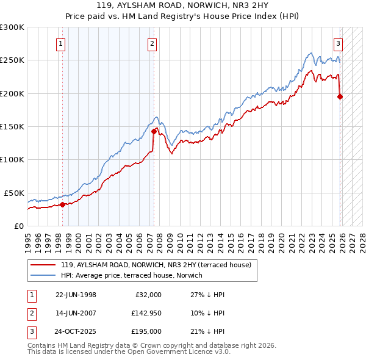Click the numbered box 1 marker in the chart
pyautogui.click(x=62, y=43)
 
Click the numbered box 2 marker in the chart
pyautogui.click(x=152, y=43)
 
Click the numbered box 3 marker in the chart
pyautogui.click(x=338, y=43)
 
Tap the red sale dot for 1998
pyautogui.click(x=62, y=204)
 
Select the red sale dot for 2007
pyautogui.click(x=153, y=131)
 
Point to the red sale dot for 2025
pyautogui.click(x=340, y=96)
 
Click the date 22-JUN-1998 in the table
pyautogui.click(x=76, y=295)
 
